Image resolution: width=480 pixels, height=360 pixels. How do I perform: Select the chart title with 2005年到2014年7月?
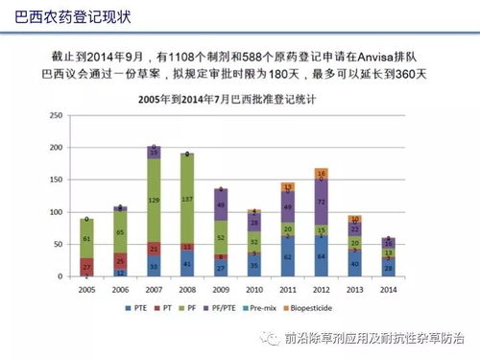[227, 100]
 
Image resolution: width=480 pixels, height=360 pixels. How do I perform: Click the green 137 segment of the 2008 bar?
[187, 199]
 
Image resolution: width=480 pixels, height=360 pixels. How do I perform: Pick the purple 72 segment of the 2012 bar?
[322, 203]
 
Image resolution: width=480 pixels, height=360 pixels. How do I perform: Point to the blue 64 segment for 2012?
[322, 256]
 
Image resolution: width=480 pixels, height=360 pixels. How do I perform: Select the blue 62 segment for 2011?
[288, 257]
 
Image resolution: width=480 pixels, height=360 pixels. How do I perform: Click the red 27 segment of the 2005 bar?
[86, 266]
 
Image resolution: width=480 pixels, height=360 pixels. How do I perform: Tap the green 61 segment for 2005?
[86, 238]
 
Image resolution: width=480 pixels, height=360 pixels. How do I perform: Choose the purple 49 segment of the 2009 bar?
[221, 204]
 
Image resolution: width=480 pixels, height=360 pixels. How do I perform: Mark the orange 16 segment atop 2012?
[322, 174]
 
